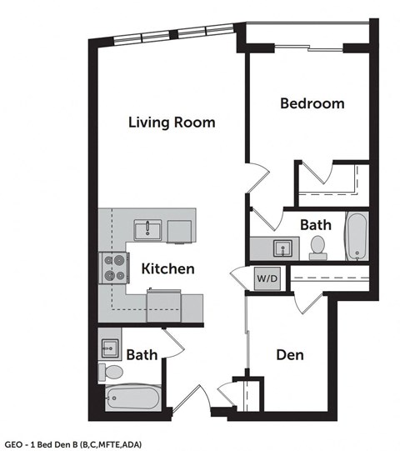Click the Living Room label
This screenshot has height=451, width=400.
coord(172,122)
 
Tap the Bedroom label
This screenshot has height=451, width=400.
coord(312,103)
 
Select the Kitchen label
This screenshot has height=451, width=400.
coord(167,268)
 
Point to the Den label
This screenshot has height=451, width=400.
coord(289,355)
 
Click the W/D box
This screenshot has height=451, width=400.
coord(267,278)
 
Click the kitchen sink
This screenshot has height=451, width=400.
coord(149,228)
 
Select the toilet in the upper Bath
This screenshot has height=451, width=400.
coord(317,245)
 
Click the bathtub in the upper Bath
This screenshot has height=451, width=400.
coord(356,237)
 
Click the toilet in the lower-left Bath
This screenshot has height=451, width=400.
coord(111,370)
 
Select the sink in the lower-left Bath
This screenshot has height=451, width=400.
coord(110,348)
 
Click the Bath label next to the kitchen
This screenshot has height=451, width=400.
coord(142,355)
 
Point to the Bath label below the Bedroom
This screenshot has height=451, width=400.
coord(316,224)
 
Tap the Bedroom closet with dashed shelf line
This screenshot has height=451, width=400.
coord(332,180)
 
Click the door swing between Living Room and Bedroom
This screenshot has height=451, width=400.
coord(258,177)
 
